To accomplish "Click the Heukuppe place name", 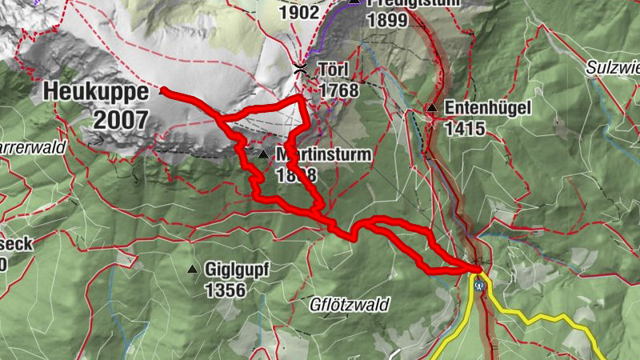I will point(96,92).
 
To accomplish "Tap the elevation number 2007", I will point(121,120).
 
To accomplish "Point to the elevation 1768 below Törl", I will point(338,90).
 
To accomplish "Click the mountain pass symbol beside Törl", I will point(300,69).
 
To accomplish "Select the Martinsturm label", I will point(323,153).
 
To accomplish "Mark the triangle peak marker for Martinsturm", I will point(262,153).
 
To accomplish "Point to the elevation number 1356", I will point(225,290).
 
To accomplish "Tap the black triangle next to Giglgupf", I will point(192,270).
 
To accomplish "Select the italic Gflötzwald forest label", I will point(350,305).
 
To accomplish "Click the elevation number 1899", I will point(388,22).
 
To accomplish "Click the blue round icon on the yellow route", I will point(479,285).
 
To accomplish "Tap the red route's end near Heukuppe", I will point(162,90).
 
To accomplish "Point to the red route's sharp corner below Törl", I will point(301,98).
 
